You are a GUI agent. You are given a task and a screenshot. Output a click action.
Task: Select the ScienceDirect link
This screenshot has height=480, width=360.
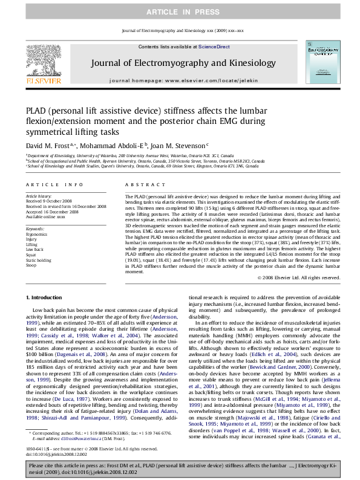tap(214, 47)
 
